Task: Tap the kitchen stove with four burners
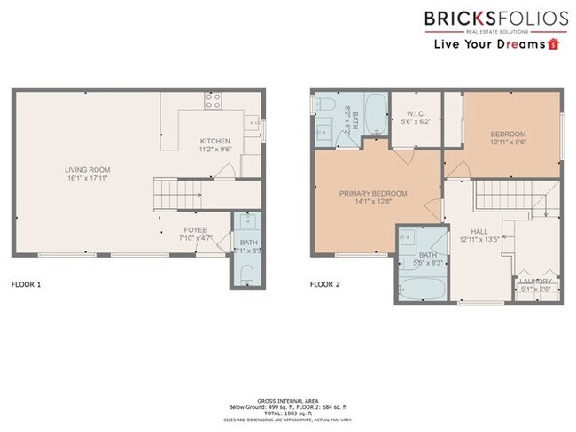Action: point(214,101)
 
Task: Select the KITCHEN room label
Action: point(215,142)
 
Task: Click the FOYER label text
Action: point(196,229)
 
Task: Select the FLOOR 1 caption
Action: point(26,286)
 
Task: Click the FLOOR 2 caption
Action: point(324,286)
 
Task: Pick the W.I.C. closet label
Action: point(416,112)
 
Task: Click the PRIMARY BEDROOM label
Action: point(373,193)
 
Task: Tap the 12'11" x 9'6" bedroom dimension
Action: point(508,142)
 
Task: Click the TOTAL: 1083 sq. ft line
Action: point(287,414)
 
